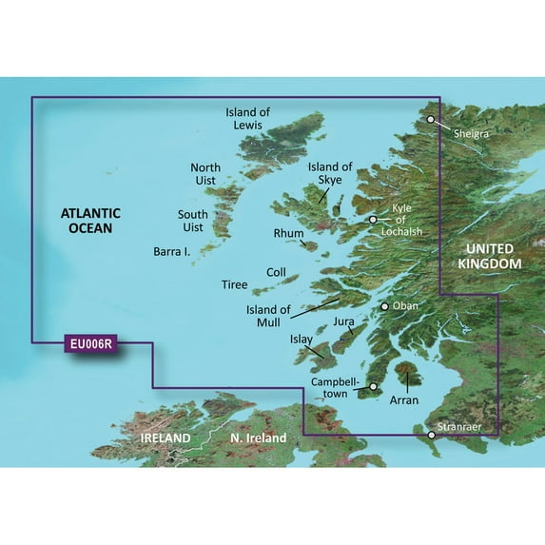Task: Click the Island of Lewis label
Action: (248, 119)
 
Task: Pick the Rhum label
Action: (288, 233)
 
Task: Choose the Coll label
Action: (276, 272)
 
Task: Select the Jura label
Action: (343, 323)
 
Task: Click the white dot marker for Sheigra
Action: (431, 120)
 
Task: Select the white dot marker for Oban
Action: (385, 307)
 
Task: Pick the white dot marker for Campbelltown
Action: (374, 387)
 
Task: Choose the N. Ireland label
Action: (258, 438)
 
